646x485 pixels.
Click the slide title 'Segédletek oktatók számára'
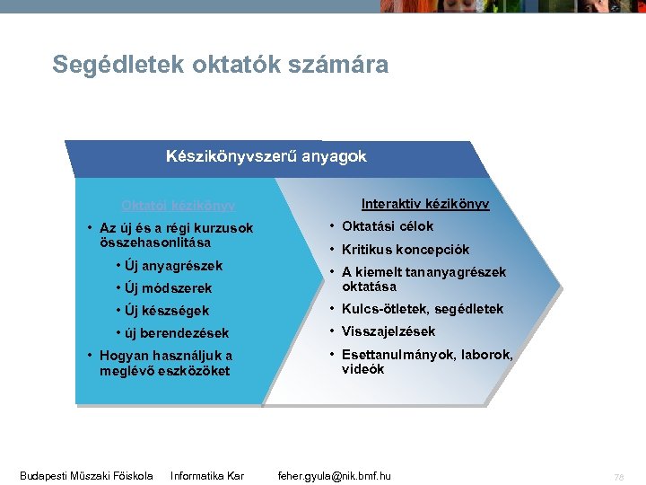coord(220,65)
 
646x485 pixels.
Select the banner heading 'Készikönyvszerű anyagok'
coord(266,156)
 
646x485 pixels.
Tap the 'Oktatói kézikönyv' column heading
coord(179,206)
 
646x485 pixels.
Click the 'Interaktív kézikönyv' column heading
coord(424,204)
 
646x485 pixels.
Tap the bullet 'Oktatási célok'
coord(387,226)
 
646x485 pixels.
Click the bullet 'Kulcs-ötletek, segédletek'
coord(422,309)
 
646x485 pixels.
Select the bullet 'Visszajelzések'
coord(388,331)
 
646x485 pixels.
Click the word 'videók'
coord(362,369)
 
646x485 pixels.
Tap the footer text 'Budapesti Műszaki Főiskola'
coord(86,475)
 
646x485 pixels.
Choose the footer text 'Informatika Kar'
coord(207,475)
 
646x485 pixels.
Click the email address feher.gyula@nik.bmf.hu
coord(335,475)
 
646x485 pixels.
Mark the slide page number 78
coord(618,476)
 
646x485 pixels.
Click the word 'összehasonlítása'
coord(155,242)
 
